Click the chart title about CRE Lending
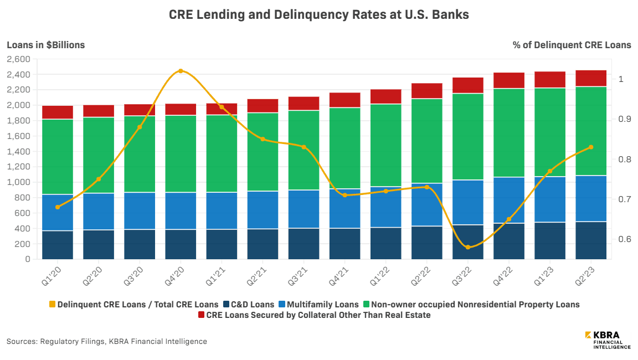tap(318, 15)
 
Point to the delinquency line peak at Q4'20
tap(181, 71)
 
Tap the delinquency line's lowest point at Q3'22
tap(468, 247)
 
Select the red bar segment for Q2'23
tap(591, 78)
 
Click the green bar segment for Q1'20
tap(58, 157)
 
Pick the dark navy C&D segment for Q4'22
tap(509, 241)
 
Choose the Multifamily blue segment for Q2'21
tap(263, 210)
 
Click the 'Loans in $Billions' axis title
tap(45, 45)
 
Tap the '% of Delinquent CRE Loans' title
tap(572, 45)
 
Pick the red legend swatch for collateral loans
tap(201, 315)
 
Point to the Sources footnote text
tap(107, 341)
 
